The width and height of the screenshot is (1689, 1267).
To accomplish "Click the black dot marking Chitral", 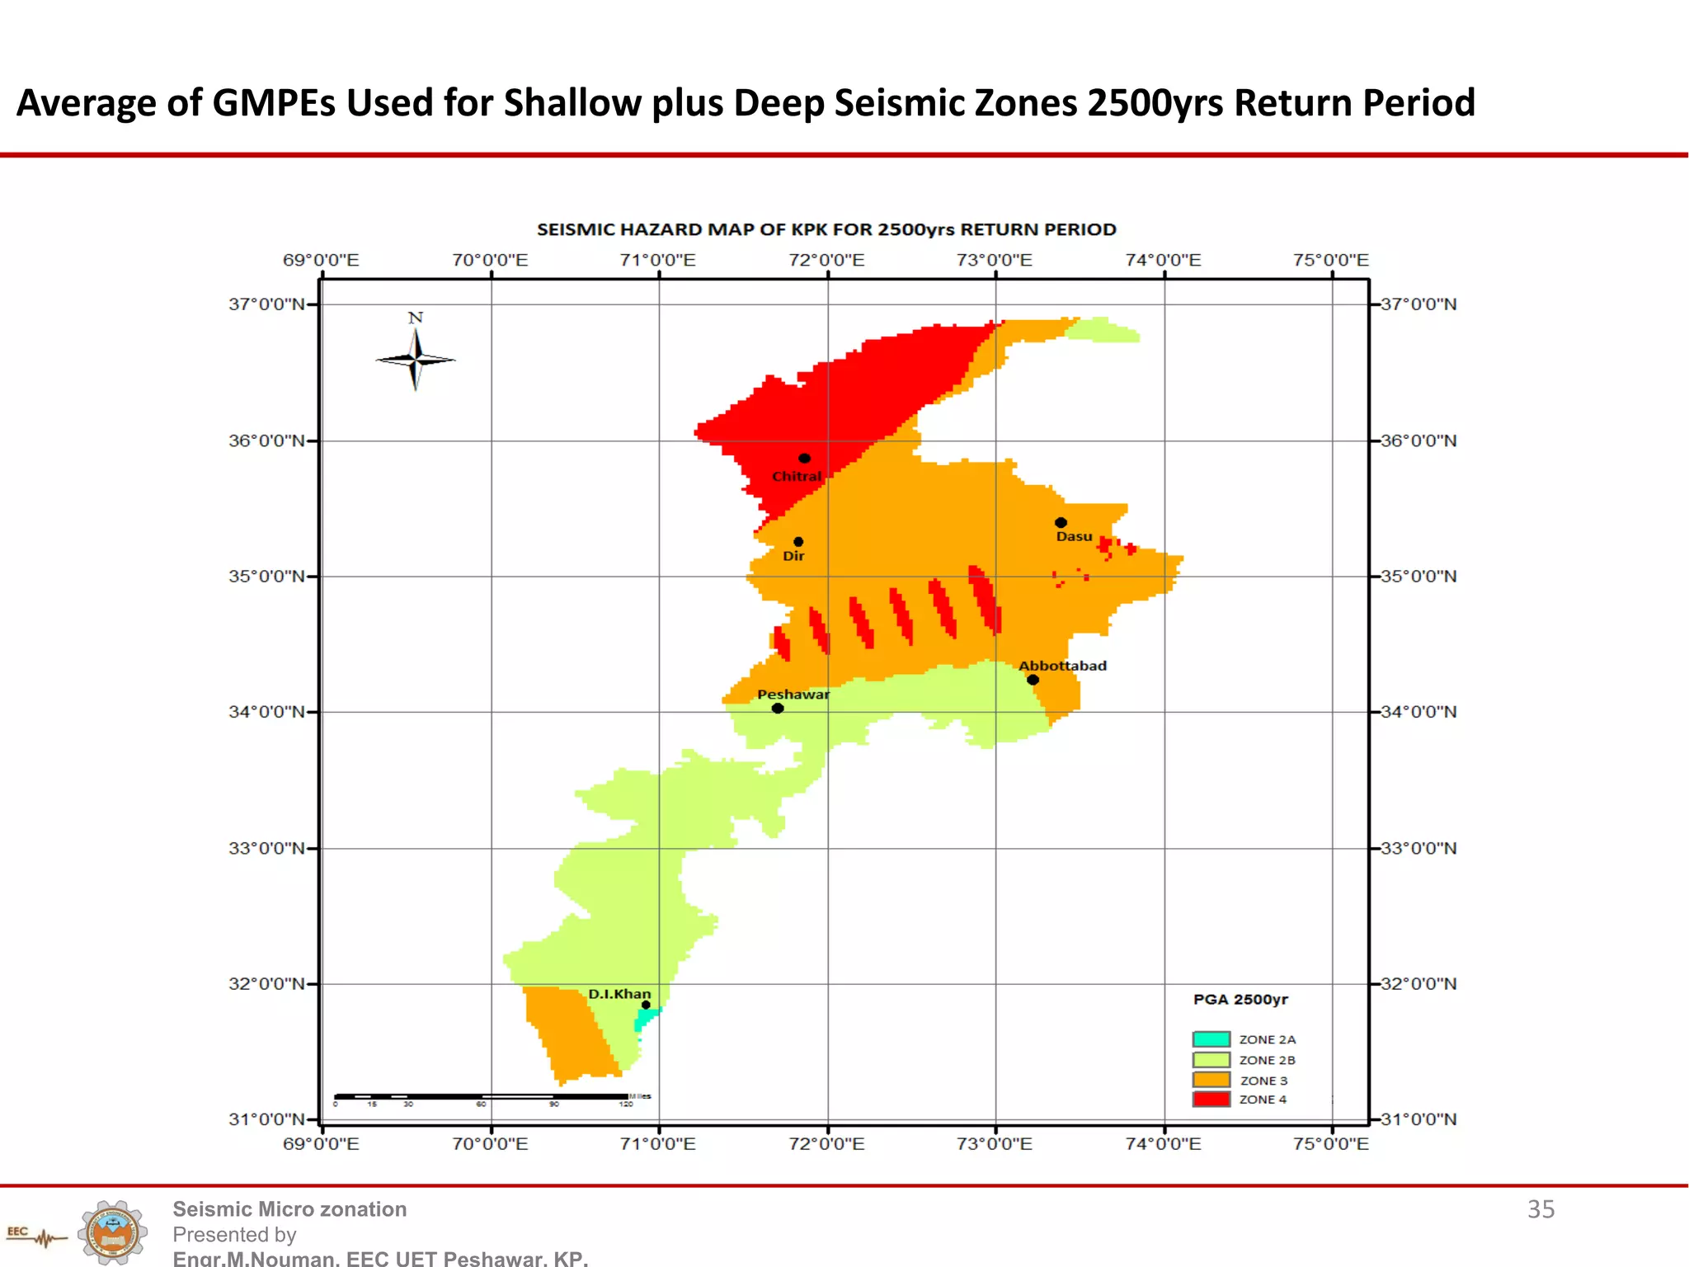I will click(x=804, y=458).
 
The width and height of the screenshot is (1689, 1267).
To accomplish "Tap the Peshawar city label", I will click(x=793, y=695).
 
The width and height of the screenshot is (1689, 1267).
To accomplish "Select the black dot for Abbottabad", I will click(x=1033, y=680).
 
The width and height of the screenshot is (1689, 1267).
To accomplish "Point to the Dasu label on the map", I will click(x=1074, y=536).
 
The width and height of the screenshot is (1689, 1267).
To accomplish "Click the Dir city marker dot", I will click(x=798, y=542).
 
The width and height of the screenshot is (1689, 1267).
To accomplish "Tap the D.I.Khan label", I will click(x=619, y=994).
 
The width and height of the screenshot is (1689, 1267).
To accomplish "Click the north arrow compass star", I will click(x=416, y=359).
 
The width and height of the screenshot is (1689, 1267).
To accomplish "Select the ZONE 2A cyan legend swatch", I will click(x=1211, y=1039).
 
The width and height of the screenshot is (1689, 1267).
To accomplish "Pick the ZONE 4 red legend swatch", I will click(x=1211, y=1099).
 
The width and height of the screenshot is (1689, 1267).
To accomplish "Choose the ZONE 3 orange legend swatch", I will click(x=1211, y=1079).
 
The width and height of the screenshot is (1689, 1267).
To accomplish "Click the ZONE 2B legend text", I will click(x=1267, y=1060).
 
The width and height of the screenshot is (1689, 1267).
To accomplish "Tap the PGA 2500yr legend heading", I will click(x=1240, y=1000).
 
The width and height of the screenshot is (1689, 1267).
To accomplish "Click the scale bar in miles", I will click(x=482, y=1096).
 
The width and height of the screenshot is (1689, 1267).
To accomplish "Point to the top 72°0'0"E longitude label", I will click(x=826, y=261).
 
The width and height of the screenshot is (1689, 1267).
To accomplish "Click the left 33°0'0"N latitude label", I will click(x=266, y=848).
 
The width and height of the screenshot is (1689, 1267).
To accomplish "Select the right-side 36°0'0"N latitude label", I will click(x=1418, y=440).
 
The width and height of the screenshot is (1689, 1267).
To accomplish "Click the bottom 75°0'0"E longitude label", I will click(x=1330, y=1144).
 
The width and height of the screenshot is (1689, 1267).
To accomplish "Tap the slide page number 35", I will click(x=1541, y=1209).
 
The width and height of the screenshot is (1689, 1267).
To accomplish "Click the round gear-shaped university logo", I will click(x=113, y=1232).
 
